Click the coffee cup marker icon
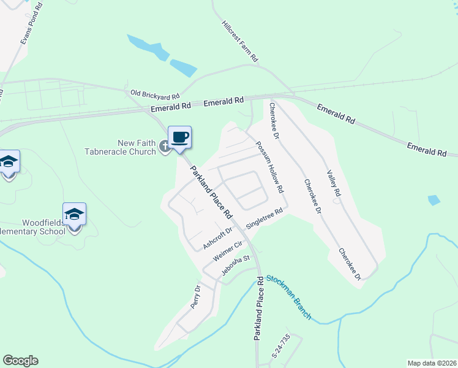(x=179, y=137)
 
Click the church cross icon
(x=164, y=146)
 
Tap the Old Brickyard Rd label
(x=155, y=94)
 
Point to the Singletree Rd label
(x=264, y=218)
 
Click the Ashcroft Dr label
(x=218, y=237)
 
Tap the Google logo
(x=20, y=361)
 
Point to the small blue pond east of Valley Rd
(x=434, y=200)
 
